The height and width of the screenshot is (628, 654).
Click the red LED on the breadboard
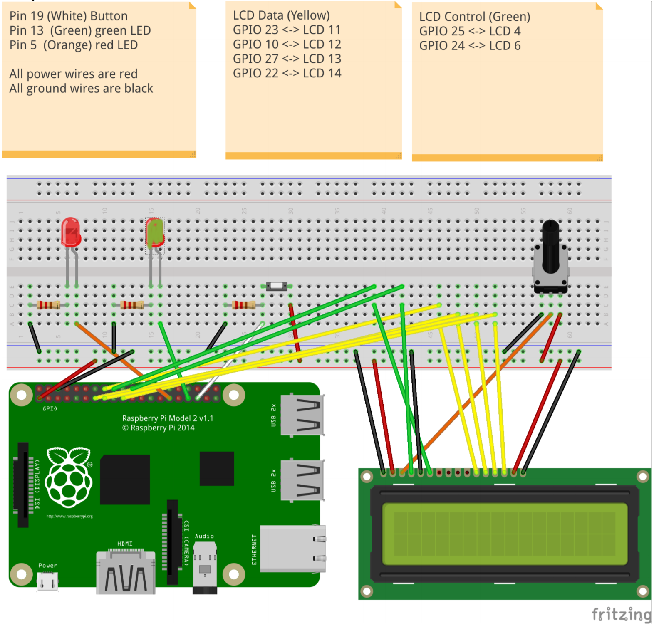click(x=71, y=232)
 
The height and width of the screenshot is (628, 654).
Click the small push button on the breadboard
click(x=276, y=286)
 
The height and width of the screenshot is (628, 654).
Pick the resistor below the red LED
click(x=48, y=305)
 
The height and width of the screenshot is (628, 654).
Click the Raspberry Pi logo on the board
click(x=69, y=478)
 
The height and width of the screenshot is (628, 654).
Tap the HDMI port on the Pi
click(x=126, y=572)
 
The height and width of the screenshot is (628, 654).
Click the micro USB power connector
click(x=47, y=581)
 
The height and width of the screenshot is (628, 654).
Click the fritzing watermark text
click(x=621, y=614)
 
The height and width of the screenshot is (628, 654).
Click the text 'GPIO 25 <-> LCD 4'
click(x=470, y=32)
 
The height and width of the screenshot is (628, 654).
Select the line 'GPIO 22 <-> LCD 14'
click(x=287, y=73)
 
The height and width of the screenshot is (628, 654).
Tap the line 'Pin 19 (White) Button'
click(x=69, y=16)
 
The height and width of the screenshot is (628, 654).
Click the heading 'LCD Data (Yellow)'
click(x=281, y=15)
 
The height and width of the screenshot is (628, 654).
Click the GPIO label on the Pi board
click(x=50, y=409)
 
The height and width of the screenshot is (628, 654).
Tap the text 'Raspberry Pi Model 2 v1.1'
click(x=168, y=418)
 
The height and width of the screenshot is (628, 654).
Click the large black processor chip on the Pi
click(x=125, y=480)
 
